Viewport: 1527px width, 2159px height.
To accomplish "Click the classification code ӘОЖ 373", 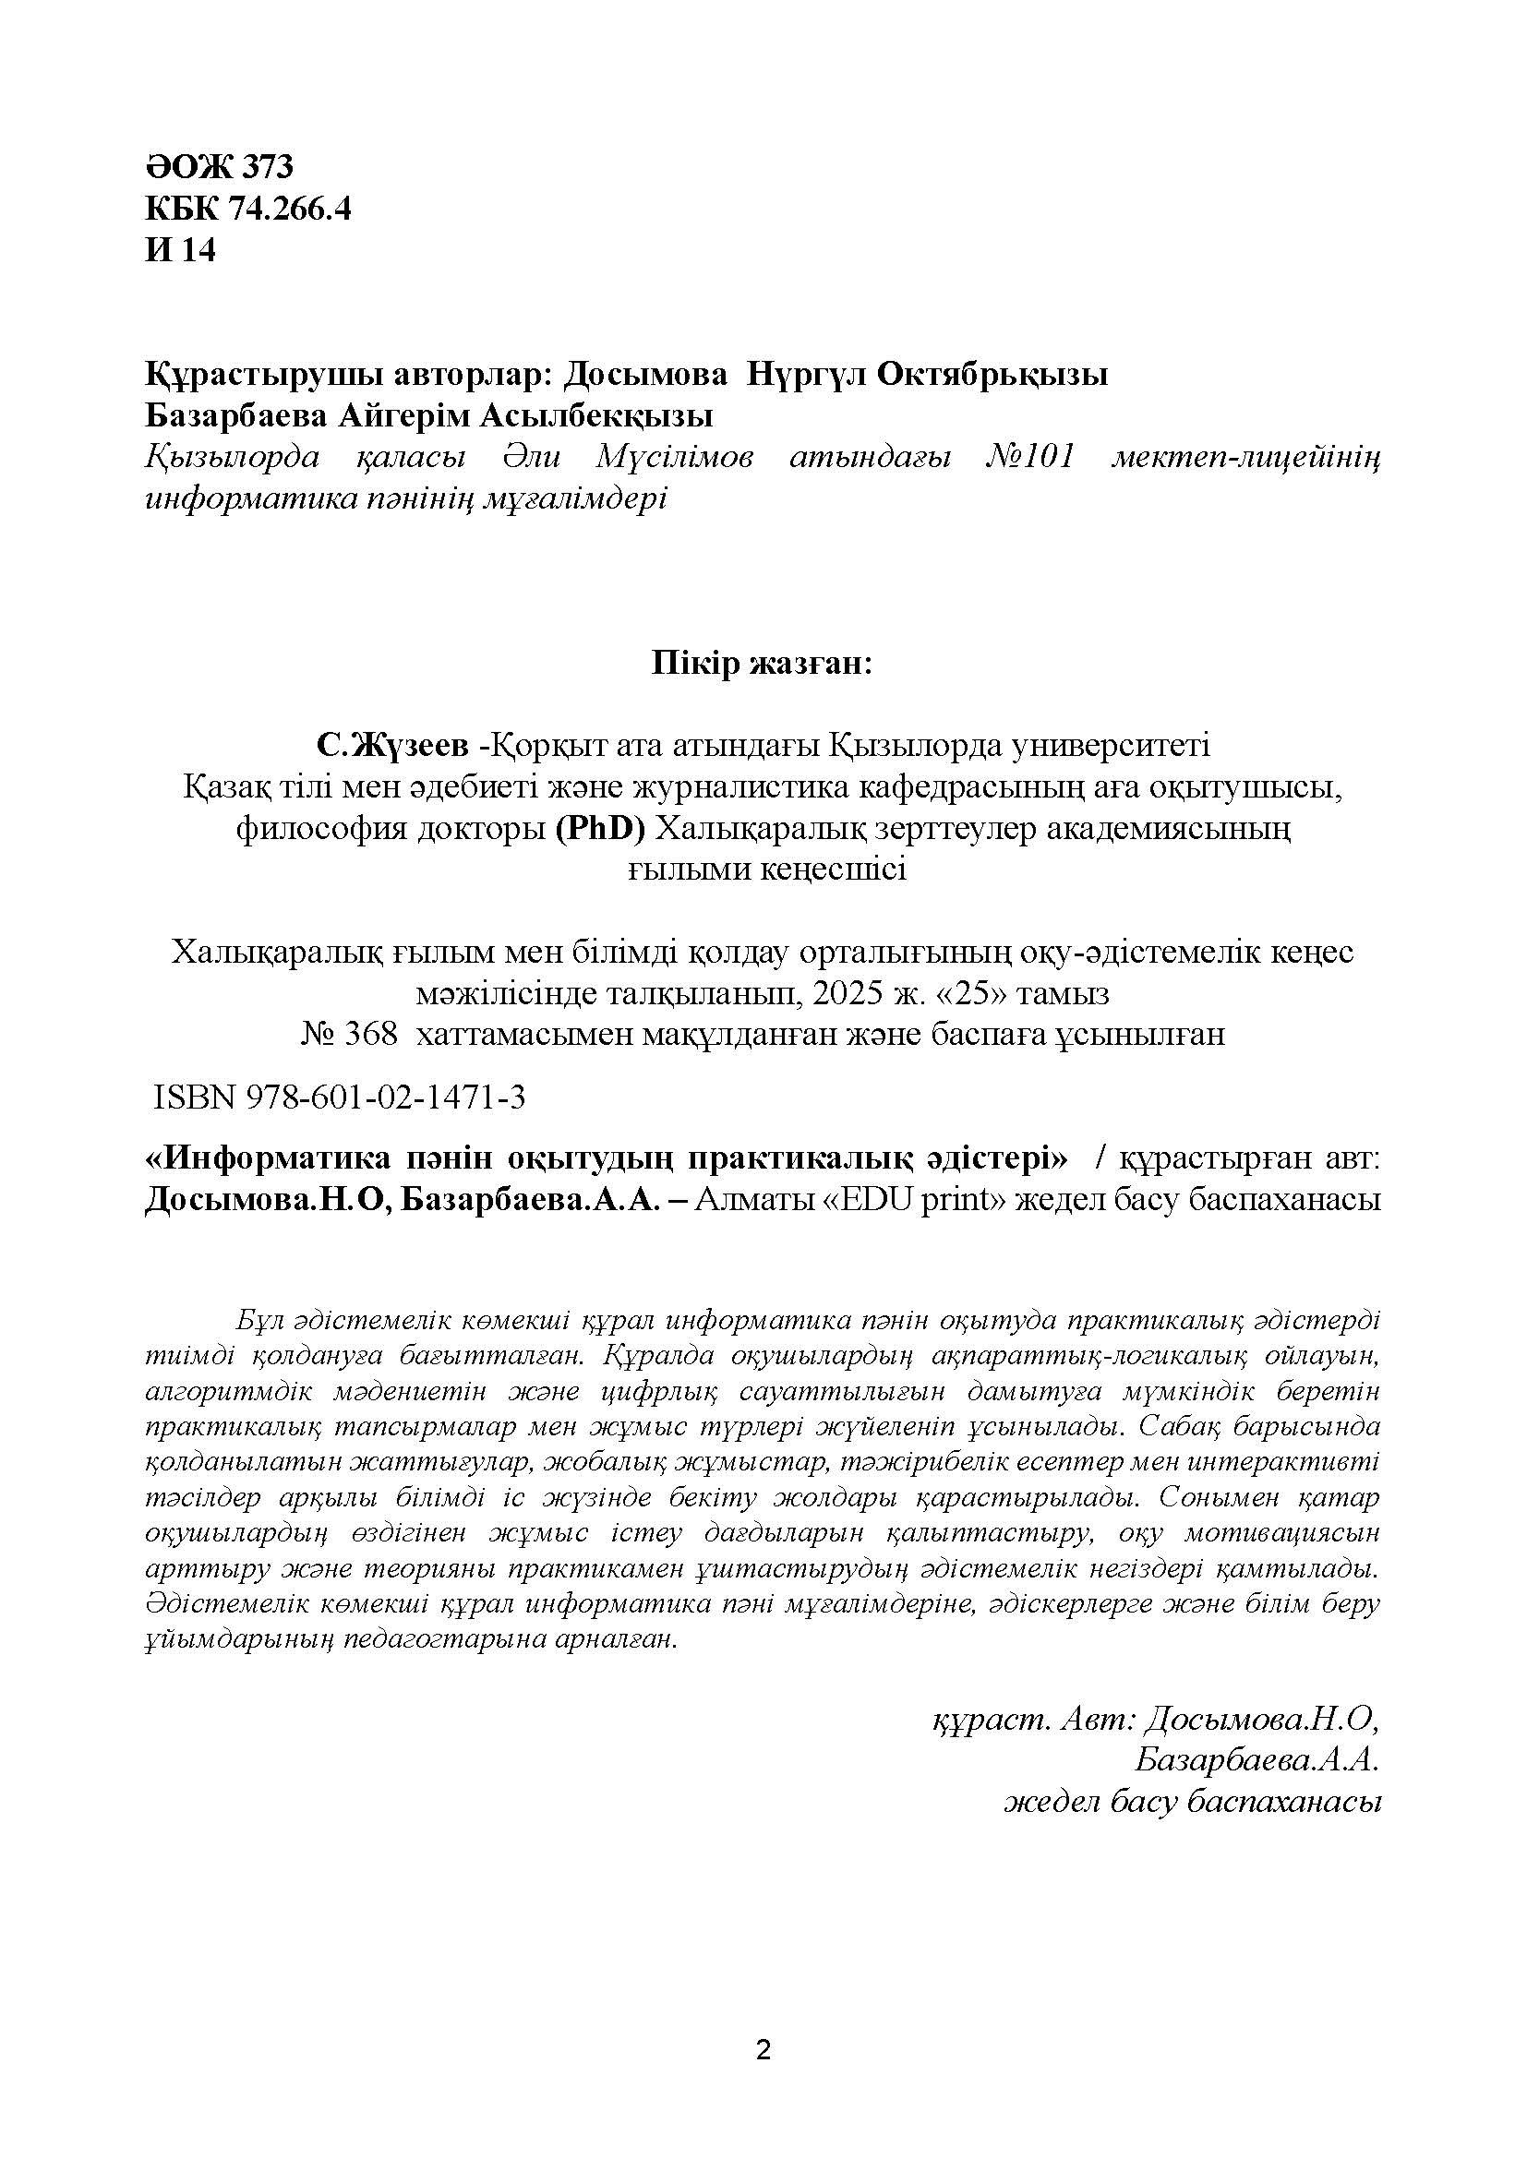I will coord(219,166).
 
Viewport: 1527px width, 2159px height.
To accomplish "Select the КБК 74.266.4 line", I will coord(248,209).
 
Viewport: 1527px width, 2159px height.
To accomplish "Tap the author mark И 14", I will coord(181,250).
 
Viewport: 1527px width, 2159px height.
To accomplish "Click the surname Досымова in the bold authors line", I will coord(645,374).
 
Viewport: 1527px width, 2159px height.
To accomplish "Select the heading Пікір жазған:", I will coord(763,664).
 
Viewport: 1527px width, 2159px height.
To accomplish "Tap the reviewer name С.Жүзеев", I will coord(392,747).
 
